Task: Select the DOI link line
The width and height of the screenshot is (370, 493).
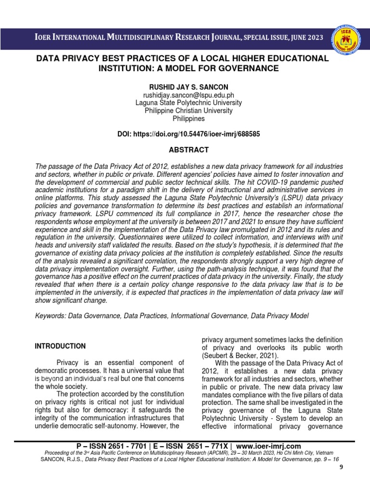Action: tap(189, 134)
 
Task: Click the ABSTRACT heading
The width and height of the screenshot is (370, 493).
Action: tap(189, 150)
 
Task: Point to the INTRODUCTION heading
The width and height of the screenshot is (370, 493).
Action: tap(60, 346)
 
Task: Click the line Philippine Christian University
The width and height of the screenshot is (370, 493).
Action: tap(189, 111)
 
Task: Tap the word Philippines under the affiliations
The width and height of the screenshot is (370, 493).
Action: tap(189, 118)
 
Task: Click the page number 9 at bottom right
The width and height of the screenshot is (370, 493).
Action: tap(356, 467)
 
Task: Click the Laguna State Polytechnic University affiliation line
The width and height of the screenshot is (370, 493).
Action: tap(189, 103)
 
